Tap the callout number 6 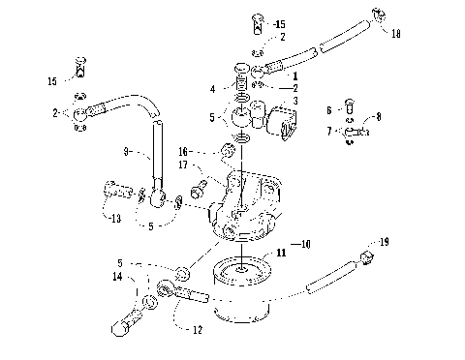pyautogui.click(x=329, y=110)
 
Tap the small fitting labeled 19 pyautogui.click(x=367, y=255)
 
